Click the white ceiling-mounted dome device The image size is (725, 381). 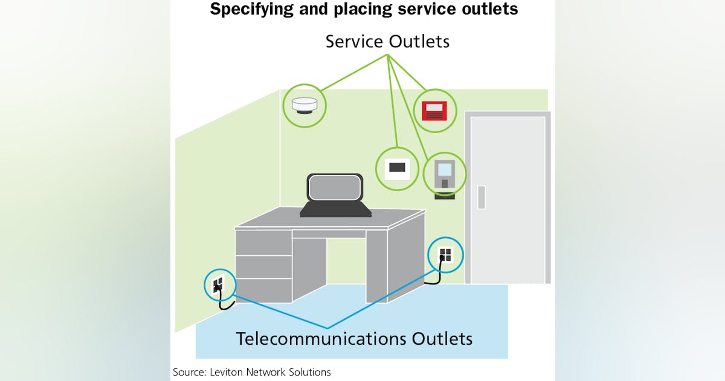point(304,106)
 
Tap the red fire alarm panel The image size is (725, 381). point(434,111)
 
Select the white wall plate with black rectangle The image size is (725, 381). point(397,168)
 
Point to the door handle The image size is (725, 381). point(481,197)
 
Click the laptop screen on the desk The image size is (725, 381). point(335,188)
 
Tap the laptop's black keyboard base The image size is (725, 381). point(335,209)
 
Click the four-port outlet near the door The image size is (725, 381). point(445,254)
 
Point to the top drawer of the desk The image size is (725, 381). point(263,243)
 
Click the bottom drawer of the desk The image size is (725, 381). point(263,291)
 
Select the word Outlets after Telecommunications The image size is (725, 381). point(442,339)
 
